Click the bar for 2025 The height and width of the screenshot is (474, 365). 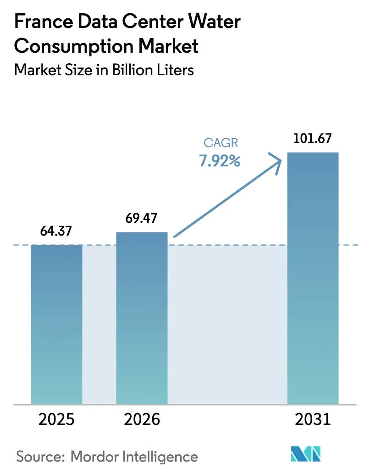pos(56,325)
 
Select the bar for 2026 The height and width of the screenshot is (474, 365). pos(142,318)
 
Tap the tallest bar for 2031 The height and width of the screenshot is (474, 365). pos(313,278)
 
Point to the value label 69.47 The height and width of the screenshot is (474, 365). pos(142,219)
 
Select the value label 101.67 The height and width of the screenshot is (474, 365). pos(313,138)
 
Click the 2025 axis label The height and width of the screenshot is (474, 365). pos(56,419)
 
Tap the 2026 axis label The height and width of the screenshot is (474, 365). pos(142,419)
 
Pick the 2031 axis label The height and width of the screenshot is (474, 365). pos(313,419)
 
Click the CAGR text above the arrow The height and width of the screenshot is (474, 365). pos(220,143)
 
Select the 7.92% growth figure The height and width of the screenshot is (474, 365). pos(220,161)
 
